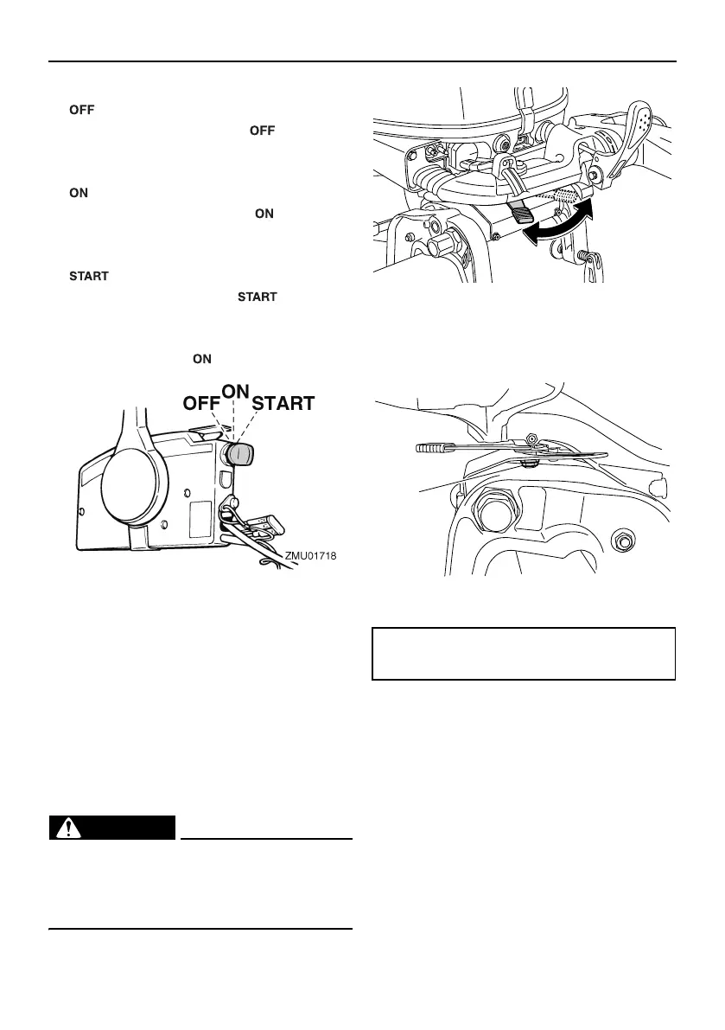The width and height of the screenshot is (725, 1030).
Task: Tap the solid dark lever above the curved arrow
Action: pyautogui.click(x=524, y=211)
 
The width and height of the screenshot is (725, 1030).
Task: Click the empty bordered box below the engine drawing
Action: pyautogui.click(x=523, y=654)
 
